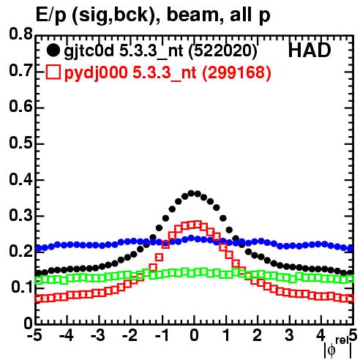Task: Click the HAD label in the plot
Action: pos(310,50)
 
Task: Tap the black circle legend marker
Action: pos(53,50)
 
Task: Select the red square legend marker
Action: pos(53,72)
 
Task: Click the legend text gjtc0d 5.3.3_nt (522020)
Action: pos(161,51)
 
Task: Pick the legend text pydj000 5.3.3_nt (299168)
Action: pos(168,73)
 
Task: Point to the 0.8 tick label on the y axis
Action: pos(20,34)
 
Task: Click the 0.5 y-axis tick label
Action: pos(20,143)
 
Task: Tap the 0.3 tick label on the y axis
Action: pos(20,216)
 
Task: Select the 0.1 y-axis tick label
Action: pos(21,288)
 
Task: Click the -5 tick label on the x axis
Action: pos(35,335)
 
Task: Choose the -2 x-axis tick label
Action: pos(130,335)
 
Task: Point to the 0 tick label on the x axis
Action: pos(194,335)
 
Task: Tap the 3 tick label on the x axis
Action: pos(290,335)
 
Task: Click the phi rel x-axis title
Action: pos(338,348)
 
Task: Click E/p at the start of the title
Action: pos(50,16)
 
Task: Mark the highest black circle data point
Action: pos(191,194)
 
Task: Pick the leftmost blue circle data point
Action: pos(38,249)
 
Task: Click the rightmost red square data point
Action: pos(350,299)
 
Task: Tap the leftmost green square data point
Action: pos(38,280)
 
